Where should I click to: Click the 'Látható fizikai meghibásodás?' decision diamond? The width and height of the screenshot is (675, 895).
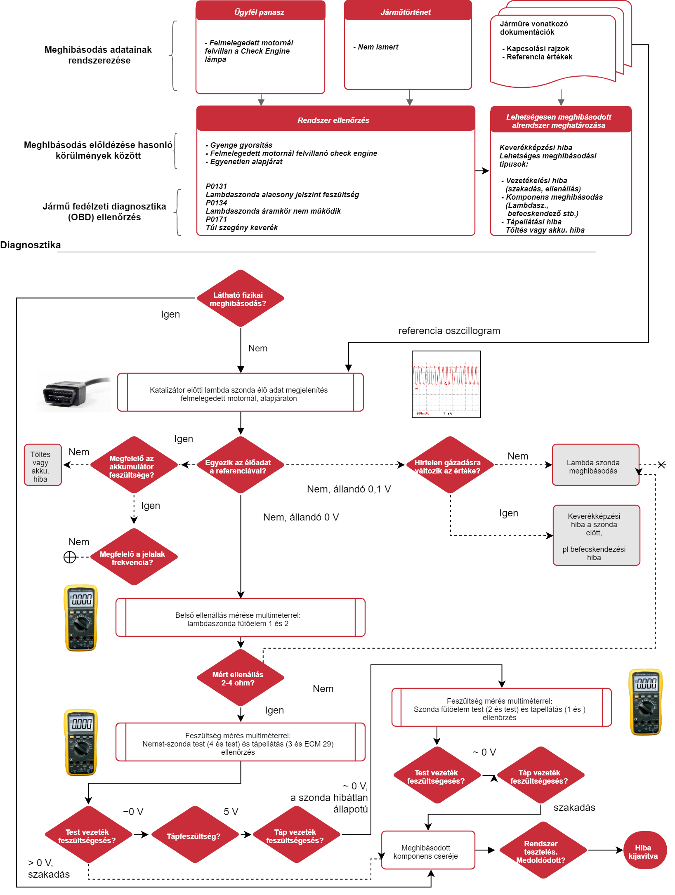[240, 299]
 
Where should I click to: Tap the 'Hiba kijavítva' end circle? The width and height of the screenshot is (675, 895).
[644, 850]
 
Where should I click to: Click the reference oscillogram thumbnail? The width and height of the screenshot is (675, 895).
[446, 384]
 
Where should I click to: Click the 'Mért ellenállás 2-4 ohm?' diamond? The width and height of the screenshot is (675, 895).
[240, 678]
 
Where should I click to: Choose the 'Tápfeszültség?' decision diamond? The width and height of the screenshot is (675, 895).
[194, 835]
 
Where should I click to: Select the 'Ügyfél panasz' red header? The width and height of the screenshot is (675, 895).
[260, 12]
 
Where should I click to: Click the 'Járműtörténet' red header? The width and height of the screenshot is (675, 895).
[408, 12]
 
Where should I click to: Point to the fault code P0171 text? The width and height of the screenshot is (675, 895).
[216, 219]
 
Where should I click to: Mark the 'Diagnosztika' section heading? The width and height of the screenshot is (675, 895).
[31, 245]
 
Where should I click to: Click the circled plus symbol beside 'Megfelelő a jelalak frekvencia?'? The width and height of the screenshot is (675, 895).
[70, 557]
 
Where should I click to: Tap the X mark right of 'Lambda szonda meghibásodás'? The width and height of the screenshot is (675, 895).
[661, 465]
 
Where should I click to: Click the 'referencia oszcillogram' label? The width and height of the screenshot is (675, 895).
[449, 331]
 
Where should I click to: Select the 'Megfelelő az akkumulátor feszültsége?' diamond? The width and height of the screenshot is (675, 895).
[133, 465]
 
